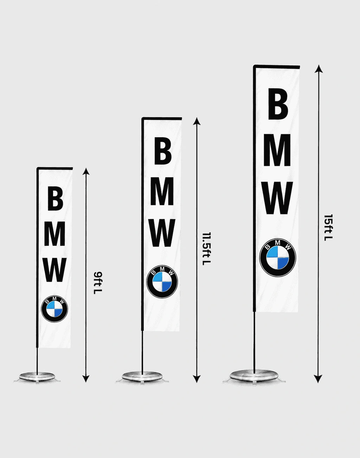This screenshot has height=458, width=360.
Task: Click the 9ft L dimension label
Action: [98, 283]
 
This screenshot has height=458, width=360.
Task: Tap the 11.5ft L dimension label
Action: [206, 249]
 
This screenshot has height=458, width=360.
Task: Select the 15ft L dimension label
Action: [328, 228]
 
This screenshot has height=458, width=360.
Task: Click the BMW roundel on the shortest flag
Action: [54, 308]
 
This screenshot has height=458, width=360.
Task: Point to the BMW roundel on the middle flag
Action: [162, 281]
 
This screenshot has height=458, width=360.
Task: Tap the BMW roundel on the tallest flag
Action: [278, 257]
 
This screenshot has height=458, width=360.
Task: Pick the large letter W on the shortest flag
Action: [55, 270]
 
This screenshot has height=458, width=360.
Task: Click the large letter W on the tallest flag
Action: [277, 198]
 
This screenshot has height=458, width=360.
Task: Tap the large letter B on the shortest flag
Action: [55, 198]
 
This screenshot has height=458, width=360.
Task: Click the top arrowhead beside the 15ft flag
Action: [319, 69]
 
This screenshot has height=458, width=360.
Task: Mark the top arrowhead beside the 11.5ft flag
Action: [197, 121]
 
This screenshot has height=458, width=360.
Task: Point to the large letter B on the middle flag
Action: [163, 151]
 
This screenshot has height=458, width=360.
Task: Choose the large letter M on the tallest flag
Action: [277, 150]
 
